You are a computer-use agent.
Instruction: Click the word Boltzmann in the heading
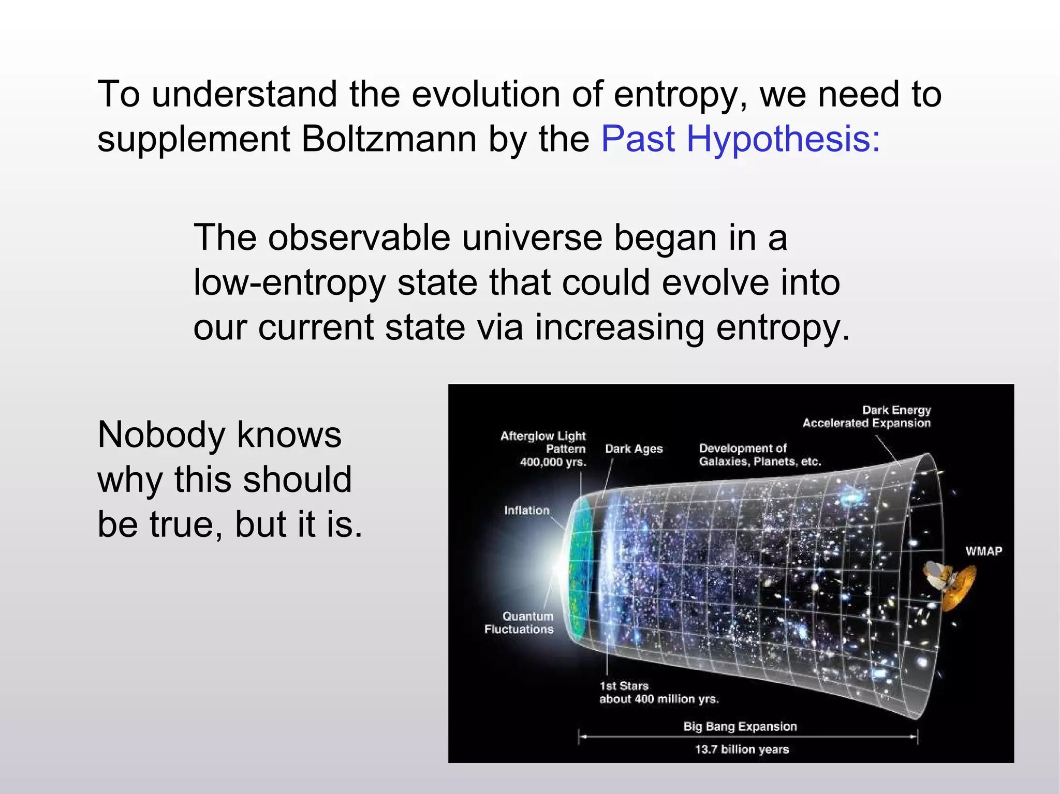(388, 140)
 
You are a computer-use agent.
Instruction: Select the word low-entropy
(290, 283)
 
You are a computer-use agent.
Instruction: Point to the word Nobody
(160, 435)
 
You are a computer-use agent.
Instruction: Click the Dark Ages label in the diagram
(634, 449)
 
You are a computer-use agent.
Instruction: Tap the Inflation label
(526, 511)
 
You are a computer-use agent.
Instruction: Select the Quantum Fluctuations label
(519, 623)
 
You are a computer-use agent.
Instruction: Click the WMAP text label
(983, 551)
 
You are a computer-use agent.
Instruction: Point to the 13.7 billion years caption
(742, 749)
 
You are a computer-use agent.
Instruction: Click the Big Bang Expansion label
(740, 726)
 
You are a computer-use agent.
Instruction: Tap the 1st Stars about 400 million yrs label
(658, 693)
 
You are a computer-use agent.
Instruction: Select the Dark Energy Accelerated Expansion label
(866, 417)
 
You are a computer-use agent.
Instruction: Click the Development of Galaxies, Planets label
(760, 455)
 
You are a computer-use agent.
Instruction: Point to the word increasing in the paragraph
(619, 328)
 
